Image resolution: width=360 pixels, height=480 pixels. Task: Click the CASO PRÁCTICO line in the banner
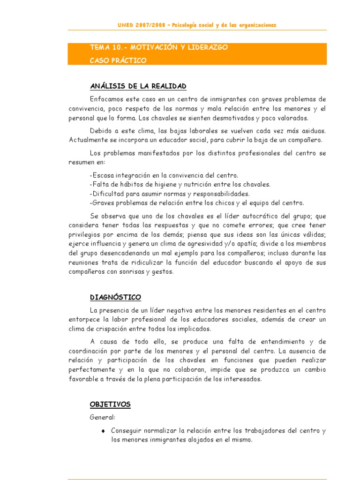point(118,60)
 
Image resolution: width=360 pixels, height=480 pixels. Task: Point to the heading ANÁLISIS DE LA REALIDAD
point(138,86)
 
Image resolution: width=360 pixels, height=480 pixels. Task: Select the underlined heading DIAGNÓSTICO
point(115,298)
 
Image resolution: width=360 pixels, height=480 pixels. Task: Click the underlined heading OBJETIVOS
point(110,405)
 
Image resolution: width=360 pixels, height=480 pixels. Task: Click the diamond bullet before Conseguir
point(103,430)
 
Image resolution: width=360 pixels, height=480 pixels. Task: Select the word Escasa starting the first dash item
point(103,175)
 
